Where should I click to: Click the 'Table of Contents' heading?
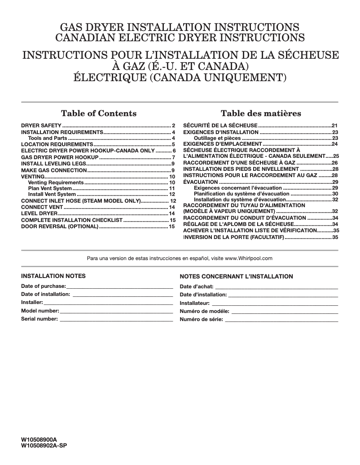tap(99, 113)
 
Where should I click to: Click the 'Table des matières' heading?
tap(261, 113)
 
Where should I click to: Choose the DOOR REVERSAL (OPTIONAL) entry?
tap(60, 227)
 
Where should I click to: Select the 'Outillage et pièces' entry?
tap(217, 139)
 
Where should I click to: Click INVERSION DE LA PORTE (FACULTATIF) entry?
tap(233, 237)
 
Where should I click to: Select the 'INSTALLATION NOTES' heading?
tap(53, 276)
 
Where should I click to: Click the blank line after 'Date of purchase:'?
tap(119, 286)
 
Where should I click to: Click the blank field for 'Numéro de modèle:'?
tap(285, 311)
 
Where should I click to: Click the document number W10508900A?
tap(40, 441)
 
